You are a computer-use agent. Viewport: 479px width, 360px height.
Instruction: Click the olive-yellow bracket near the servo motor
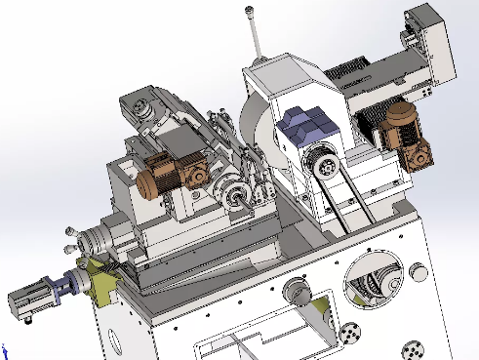98,282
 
